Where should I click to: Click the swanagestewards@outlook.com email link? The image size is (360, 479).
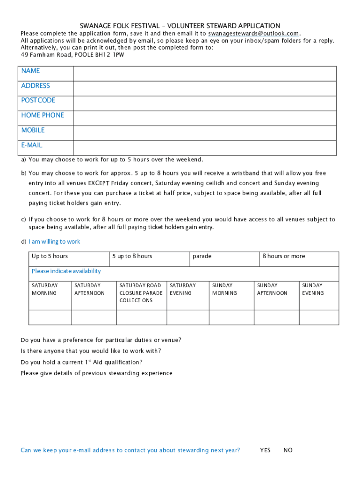253,34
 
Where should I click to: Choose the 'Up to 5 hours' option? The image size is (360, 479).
69,259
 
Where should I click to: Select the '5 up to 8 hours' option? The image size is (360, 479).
149,259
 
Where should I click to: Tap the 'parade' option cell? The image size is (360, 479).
224,259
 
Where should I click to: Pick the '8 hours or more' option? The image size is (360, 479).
299,259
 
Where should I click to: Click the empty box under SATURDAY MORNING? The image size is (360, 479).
50,317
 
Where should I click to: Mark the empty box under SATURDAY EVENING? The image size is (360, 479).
187,317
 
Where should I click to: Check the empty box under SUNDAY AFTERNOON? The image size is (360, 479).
276,317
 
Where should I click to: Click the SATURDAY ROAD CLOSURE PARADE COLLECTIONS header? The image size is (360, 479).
141,293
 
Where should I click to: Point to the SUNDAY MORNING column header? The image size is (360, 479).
224,289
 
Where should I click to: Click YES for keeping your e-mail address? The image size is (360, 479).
265,450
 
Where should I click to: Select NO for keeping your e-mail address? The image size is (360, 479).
288,450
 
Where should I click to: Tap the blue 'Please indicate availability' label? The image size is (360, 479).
66,271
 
